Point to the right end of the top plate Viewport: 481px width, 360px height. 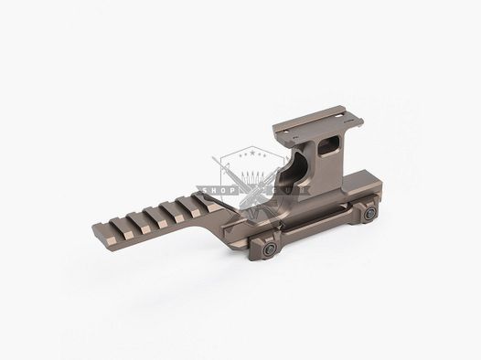click(364, 121)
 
